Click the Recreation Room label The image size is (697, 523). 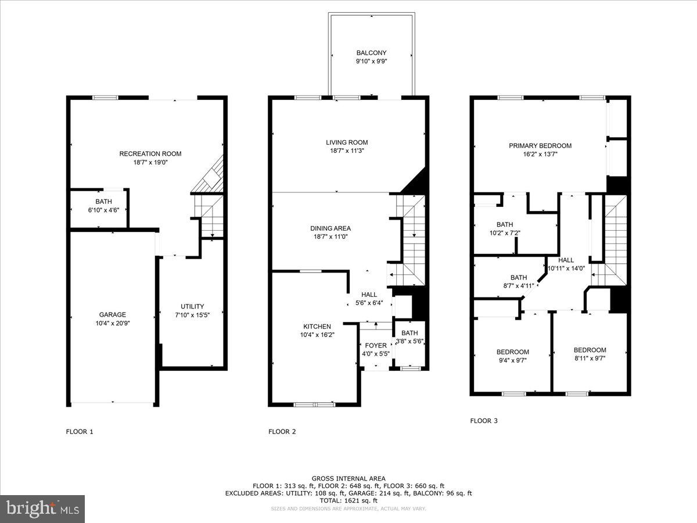[150, 154]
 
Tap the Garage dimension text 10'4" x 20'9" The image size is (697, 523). [112, 323]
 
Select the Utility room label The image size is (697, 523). [192, 306]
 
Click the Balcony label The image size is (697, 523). [371, 53]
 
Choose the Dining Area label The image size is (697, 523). [330, 228]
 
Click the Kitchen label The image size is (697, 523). [317, 327]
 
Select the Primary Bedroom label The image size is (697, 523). [540, 146]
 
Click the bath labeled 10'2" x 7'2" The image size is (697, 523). [504, 225]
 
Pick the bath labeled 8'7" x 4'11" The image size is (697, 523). [519, 278]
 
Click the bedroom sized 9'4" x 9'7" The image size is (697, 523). [512, 352]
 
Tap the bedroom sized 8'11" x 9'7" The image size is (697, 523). [590, 350]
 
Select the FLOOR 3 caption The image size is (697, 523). [483, 421]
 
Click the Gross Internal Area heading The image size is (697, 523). [348, 478]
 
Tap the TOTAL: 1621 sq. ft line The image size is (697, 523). [348, 500]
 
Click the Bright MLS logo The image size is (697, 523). [42, 509]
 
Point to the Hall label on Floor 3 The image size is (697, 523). [566, 260]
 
